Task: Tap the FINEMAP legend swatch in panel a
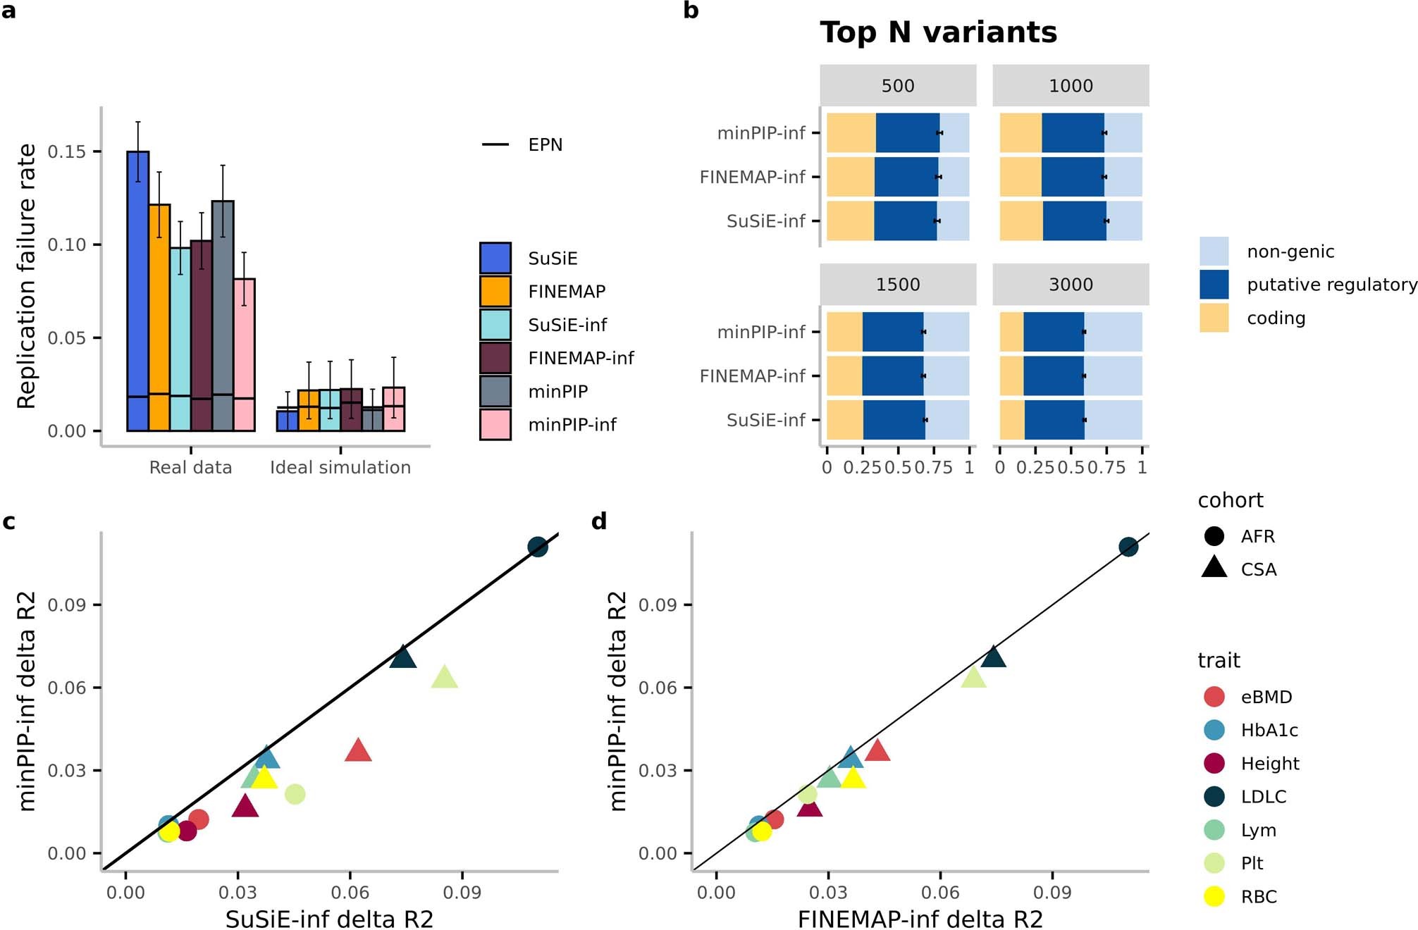coord(495,291)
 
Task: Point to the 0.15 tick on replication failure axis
coord(66,151)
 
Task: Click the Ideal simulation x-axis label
coord(340,467)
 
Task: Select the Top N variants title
coord(938,32)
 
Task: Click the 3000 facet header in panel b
coord(1071,285)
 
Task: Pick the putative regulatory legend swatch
coord(1214,285)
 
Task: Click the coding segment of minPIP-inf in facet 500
coord(851,132)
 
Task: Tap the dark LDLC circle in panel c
coord(538,547)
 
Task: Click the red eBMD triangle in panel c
coord(358,751)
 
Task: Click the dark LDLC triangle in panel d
coord(993,657)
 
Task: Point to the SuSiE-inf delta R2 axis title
coord(329,919)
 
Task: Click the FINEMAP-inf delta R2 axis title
coord(920,919)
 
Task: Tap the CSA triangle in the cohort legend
coord(1214,568)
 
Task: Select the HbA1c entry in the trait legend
coord(1269,730)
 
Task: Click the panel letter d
coord(599,521)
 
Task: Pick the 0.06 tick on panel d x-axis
coord(940,892)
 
